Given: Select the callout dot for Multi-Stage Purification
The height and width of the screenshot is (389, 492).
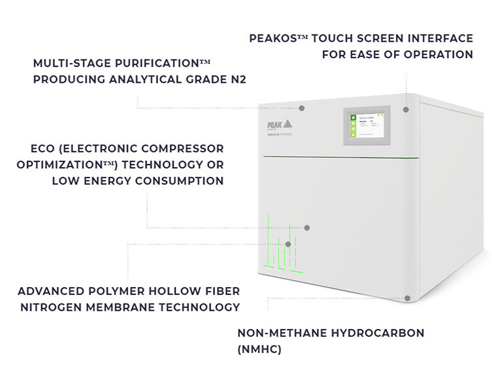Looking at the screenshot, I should (x=302, y=108).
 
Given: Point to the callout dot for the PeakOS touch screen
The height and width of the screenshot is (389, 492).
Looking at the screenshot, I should (x=406, y=109).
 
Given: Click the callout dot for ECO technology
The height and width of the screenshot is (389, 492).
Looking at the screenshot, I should (x=307, y=228).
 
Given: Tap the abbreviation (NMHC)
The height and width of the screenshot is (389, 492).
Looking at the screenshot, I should (x=259, y=349).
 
